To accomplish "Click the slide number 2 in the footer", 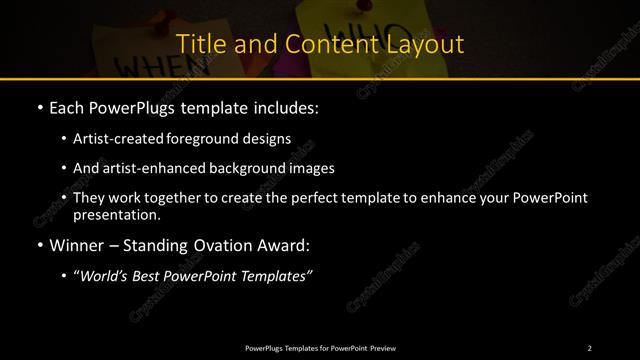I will pos(590,347).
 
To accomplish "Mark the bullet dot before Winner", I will pos(39,243).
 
